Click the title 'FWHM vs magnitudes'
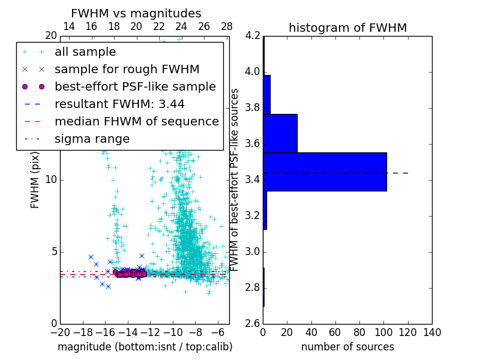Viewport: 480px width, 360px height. point(136,14)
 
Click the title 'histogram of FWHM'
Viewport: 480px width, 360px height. point(347,28)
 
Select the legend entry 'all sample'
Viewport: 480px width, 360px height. point(85,52)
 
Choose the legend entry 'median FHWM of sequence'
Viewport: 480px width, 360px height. point(136,121)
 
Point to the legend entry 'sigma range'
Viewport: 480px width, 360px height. point(92,139)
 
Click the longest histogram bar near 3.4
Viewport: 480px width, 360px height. point(325,172)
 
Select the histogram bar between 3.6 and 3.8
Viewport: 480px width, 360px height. point(280,133)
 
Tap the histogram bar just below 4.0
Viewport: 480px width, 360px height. point(266,94)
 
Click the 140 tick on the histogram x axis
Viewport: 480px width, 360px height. point(431,332)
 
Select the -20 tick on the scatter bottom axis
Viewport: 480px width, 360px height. point(60,332)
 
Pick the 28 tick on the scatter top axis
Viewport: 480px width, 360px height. point(226,26)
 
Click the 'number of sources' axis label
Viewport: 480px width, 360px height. point(347,347)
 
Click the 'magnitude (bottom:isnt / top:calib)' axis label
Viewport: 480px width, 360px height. point(145,347)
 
